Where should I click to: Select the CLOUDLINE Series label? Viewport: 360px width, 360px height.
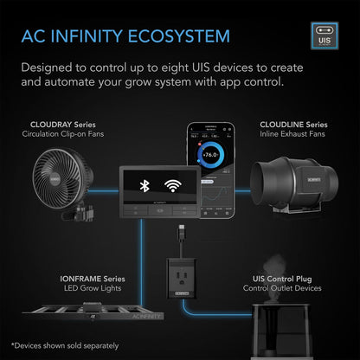(x=292, y=125)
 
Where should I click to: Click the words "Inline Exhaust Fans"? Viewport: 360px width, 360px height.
(x=292, y=135)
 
